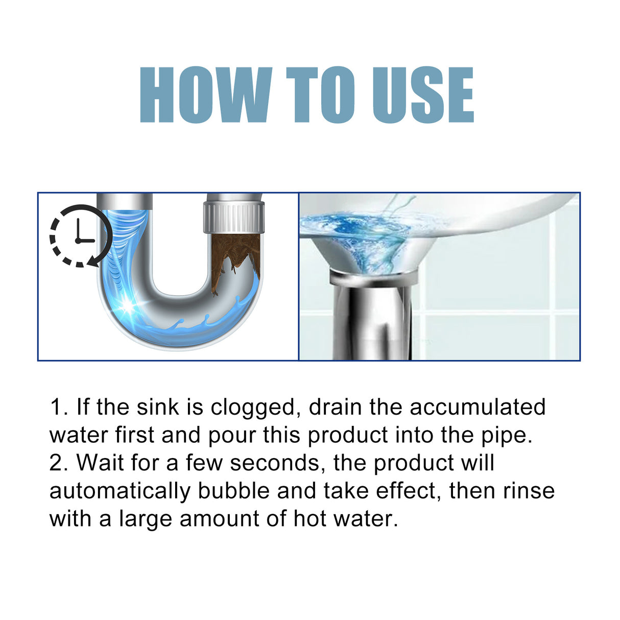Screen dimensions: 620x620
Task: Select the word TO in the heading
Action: (x=321, y=95)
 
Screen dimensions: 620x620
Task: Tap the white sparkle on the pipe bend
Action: (x=126, y=306)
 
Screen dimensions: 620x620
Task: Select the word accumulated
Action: (x=478, y=407)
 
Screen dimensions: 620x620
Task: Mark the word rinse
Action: (x=529, y=491)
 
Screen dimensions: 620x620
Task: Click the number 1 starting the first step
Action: (x=57, y=407)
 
